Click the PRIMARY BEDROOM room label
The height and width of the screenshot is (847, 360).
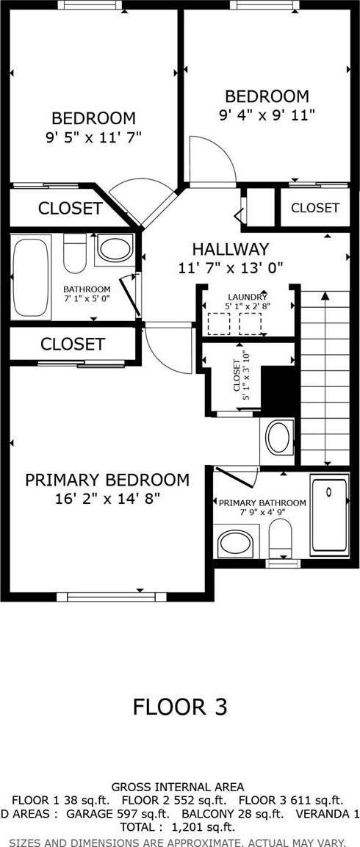tap(107, 480)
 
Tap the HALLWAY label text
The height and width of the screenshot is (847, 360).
tap(231, 249)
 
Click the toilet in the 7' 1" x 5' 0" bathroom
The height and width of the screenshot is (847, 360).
tap(75, 253)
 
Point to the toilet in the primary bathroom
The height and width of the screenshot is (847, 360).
tap(280, 538)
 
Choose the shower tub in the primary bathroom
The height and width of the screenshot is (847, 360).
tap(328, 514)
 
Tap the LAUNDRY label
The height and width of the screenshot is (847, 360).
tap(248, 297)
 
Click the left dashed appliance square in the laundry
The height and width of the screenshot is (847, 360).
tap(219, 323)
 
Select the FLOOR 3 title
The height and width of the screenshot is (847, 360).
tap(180, 706)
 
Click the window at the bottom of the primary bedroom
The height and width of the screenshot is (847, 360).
tap(112, 596)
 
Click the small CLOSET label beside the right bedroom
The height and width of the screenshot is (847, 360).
tap(314, 207)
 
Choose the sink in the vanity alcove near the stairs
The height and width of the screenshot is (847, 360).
tap(278, 438)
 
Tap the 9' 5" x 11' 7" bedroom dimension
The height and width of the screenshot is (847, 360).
tap(93, 137)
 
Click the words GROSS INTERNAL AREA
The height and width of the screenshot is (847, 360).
tap(177, 787)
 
